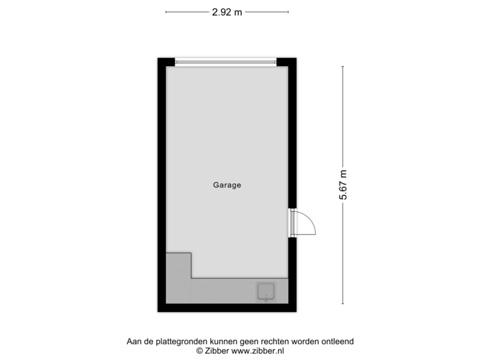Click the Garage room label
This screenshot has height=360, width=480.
point(227,185)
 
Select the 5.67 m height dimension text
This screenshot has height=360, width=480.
point(343,185)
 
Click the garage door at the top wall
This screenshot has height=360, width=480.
point(226,62)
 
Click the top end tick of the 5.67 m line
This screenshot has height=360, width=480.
point(343,66)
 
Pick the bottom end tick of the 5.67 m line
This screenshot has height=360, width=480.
point(343,304)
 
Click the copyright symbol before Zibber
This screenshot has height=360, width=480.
point(199,350)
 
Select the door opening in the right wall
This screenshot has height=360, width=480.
point(292,223)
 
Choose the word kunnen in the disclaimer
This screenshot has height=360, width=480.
point(219,341)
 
